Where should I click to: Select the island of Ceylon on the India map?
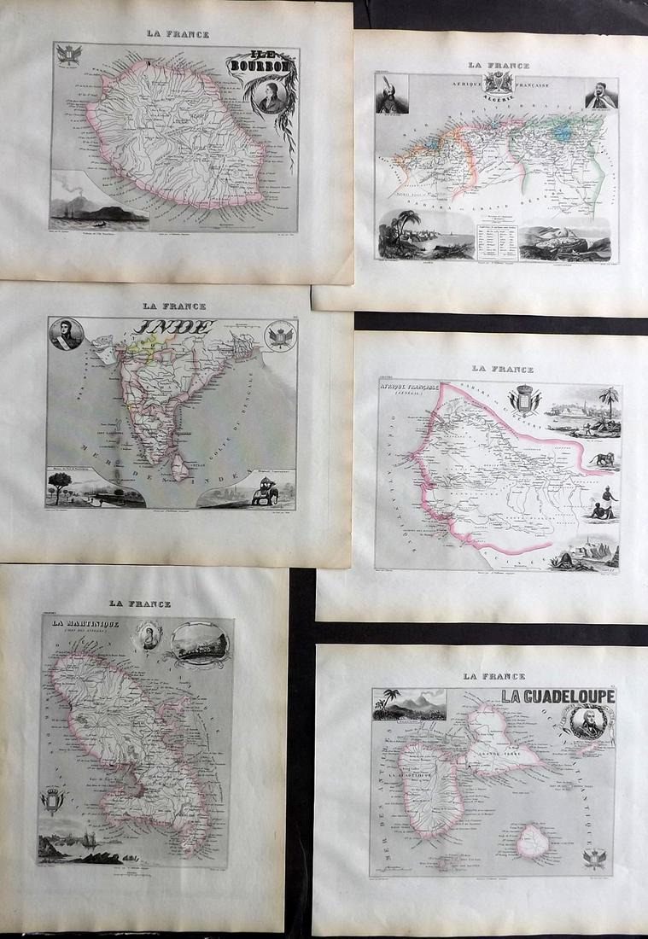click(181, 465)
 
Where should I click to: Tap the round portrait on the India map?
click(65, 334)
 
